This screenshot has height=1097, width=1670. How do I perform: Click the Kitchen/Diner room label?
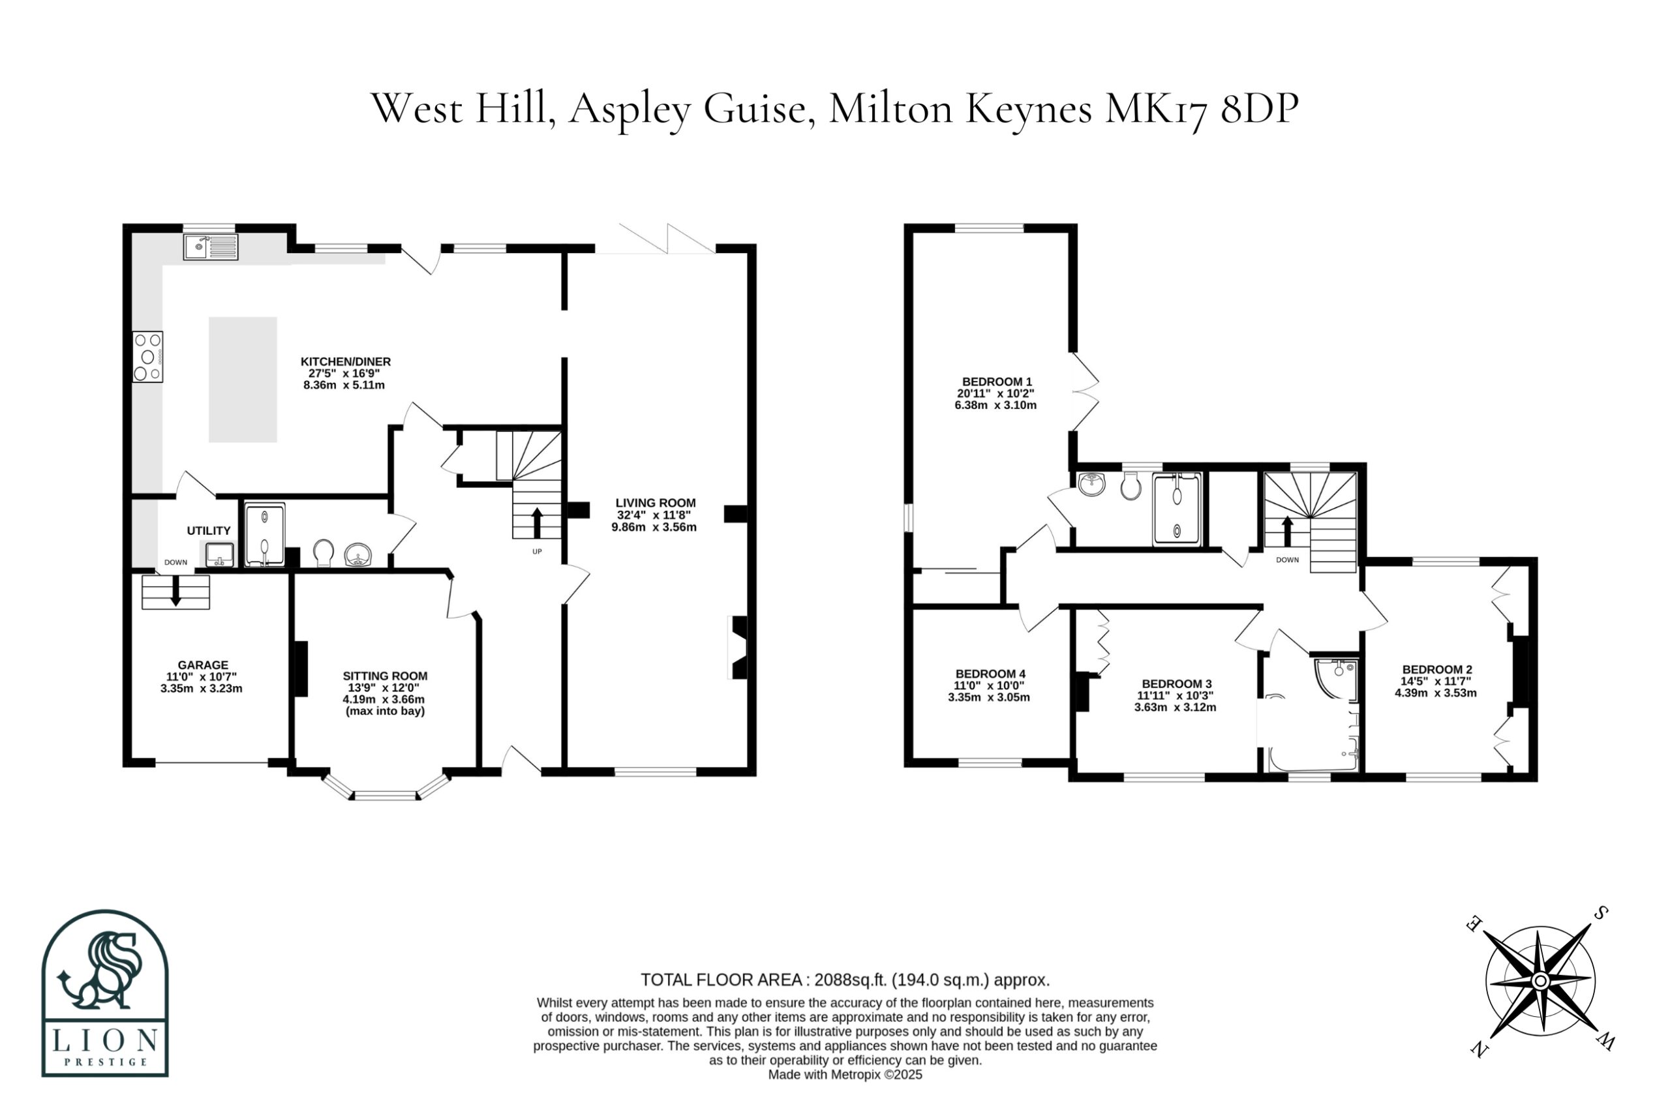click(x=345, y=361)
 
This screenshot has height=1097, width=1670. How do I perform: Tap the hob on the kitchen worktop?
click(x=147, y=356)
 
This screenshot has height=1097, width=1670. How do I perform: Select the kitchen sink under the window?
click(x=211, y=247)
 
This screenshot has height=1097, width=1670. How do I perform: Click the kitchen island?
click(x=243, y=380)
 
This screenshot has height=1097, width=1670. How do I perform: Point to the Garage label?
click(x=203, y=665)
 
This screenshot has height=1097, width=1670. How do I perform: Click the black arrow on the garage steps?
click(x=176, y=591)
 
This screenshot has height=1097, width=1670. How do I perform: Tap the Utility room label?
click(x=208, y=530)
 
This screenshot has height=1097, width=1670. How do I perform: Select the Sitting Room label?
click(x=384, y=676)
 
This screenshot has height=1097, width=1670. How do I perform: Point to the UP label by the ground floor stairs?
click(x=537, y=551)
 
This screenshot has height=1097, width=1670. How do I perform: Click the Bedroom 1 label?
click(x=996, y=382)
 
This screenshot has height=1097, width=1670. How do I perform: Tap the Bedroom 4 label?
click(x=990, y=673)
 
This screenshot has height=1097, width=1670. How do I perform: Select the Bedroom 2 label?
click(x=1436, y=669)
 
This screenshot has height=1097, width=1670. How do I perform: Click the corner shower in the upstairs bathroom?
click(x=1336, y=678)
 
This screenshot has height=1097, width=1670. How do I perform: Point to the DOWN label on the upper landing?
click(x=1288, y=560)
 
